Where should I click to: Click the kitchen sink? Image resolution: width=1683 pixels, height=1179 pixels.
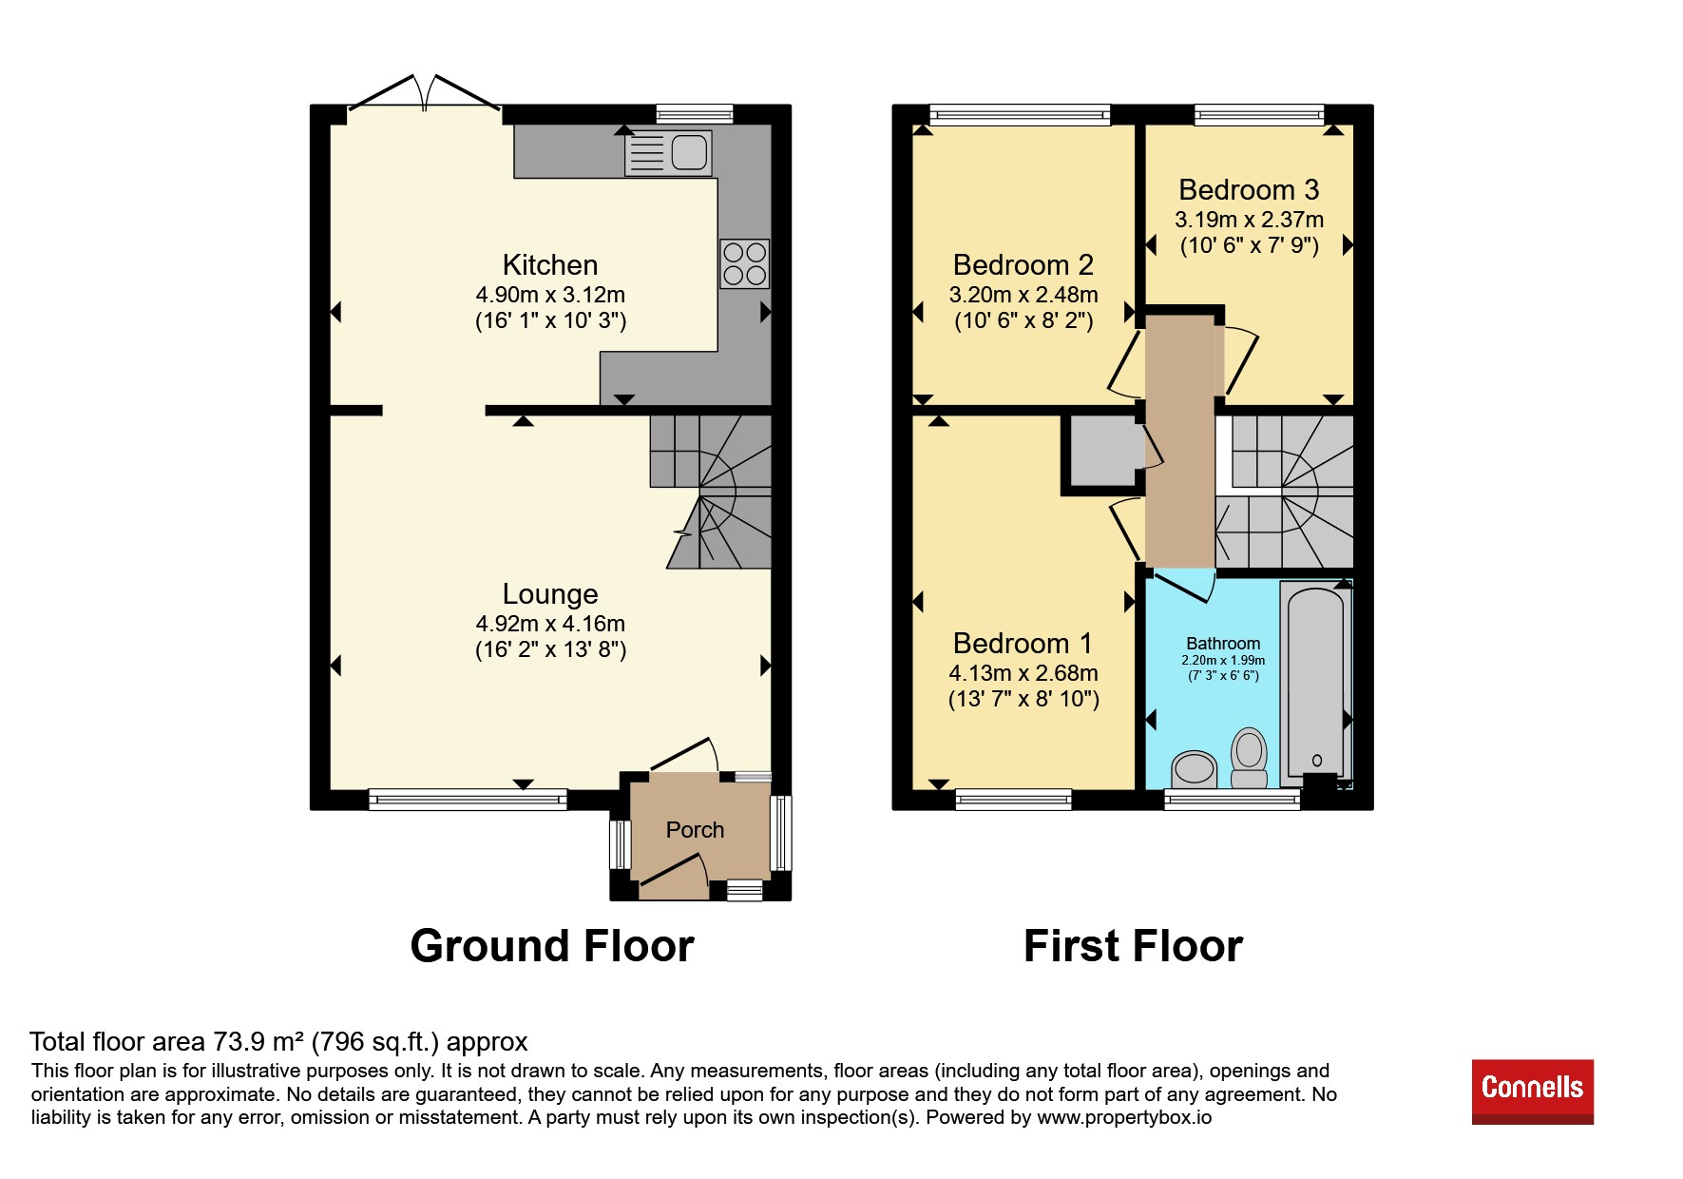[x=668, y=153]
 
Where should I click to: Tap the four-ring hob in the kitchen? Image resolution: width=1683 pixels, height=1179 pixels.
[x=744, y=263]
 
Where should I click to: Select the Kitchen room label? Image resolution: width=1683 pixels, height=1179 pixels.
[x=550, y=264]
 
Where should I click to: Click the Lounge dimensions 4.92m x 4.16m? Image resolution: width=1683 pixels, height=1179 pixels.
[x=550, y=624]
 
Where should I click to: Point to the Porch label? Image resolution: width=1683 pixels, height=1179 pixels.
[x=695, y=830]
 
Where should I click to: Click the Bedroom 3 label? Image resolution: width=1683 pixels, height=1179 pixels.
[x=1249, y=190]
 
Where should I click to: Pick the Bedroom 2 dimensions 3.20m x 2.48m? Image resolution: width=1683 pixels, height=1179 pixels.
[x=1023, y=295]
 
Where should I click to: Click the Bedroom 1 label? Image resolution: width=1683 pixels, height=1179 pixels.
[x=1023, y=644]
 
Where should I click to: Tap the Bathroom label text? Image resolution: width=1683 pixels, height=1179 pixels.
[x=1223, y=644]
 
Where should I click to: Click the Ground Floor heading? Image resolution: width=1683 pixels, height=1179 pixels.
[x=552, y=946]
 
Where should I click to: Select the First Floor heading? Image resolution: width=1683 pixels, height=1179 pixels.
[x=1133, y=946]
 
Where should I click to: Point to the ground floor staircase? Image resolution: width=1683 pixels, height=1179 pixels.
[x=711, y=491]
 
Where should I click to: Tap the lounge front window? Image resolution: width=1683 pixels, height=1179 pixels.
[x=468, y=800]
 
